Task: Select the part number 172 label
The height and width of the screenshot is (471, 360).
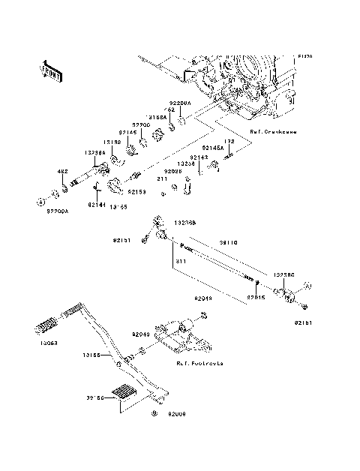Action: (x=230, y=141)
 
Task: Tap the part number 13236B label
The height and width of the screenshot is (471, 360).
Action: (x=185, y=223)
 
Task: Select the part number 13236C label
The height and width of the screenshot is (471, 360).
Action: (x=283, y=275)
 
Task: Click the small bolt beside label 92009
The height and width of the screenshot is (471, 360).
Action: (x=154, y=413)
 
